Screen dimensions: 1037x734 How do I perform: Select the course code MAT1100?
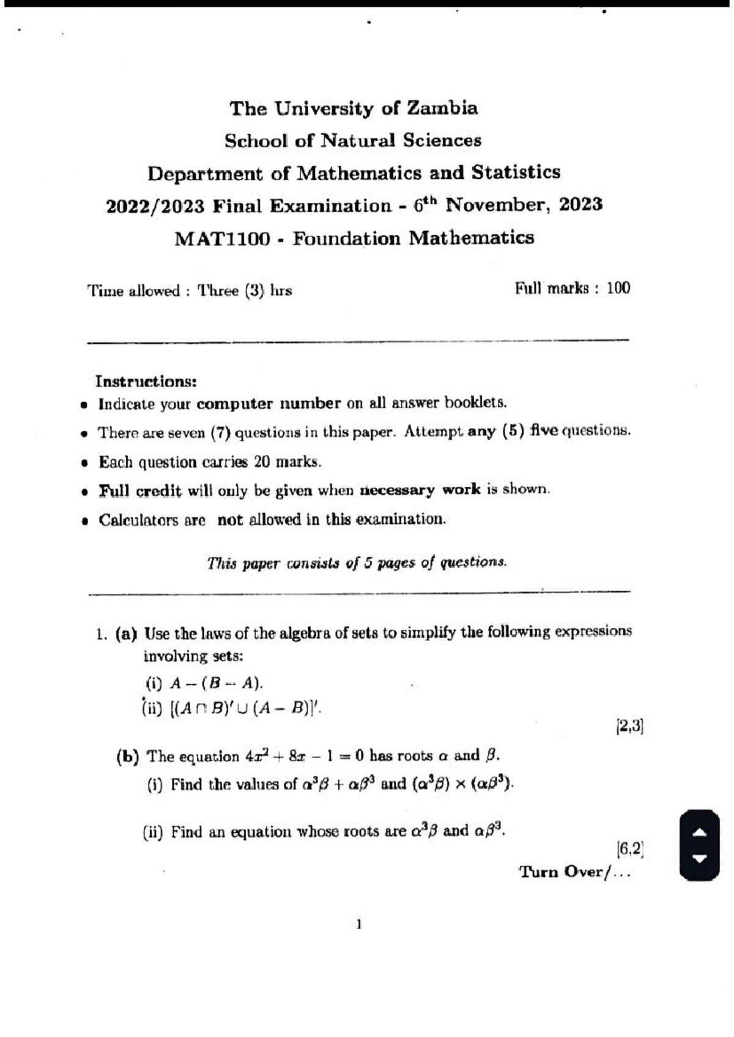[x=222, y=238]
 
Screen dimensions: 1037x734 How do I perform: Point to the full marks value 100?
[x=618, y=288]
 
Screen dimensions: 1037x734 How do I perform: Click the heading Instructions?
[x=146, y=382]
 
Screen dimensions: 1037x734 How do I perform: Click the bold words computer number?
[x=269, y=404]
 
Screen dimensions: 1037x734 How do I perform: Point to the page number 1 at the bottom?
[x=359, y=924]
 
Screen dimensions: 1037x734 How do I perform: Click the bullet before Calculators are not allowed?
[x=86, y=522]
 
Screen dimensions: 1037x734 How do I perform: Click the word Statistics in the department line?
[x=515, y=172]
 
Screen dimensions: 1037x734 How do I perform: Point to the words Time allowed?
[x=133, y=290]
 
